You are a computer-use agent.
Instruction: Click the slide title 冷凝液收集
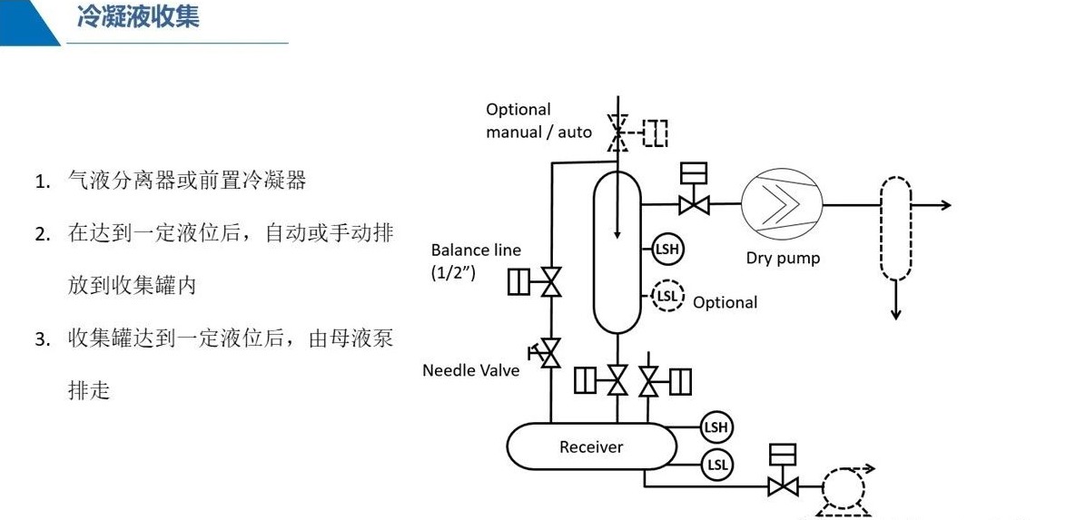pos(137,17)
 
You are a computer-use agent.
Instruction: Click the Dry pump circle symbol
pos(781,205)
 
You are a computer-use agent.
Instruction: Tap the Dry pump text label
pos(783,258)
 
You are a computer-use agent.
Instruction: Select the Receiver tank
pos(591,446)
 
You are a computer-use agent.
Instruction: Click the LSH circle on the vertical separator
pos(667,249)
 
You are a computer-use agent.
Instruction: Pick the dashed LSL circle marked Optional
pos(667,296)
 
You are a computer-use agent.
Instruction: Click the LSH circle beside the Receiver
pos(716,427)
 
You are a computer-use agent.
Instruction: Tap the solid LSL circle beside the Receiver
pos(716,466)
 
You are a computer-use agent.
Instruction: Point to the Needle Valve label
pos(470,370)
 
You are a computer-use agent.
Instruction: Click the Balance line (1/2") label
pos(476,261)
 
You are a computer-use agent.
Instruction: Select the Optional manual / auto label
pos(538,121)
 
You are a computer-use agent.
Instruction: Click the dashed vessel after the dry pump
pos(895,228)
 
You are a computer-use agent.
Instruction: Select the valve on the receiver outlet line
pos(782,486)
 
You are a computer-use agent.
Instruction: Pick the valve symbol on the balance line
pos(550,283)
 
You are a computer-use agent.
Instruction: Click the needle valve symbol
pos(549,352)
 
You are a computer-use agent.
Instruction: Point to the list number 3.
pos(42,339)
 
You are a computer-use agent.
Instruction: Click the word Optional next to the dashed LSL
pos(725,302)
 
